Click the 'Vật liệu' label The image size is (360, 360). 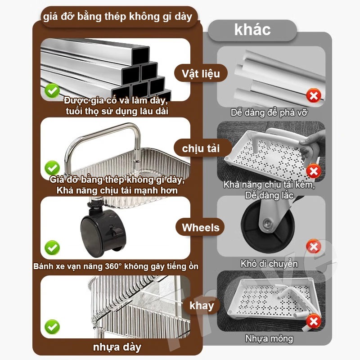(201, 73)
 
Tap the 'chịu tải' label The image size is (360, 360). (201, 148)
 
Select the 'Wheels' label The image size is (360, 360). (200, 228)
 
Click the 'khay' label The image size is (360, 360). (202, 306)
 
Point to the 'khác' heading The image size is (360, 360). (252, 30)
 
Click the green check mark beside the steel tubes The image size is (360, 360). (52, 91)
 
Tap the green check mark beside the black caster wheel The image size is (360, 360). (52, 247)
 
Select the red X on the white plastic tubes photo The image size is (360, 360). (314, 95)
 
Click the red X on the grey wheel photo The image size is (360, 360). (314, 247)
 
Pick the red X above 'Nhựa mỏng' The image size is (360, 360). (314, 321)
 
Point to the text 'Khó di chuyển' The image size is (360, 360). (269, 264)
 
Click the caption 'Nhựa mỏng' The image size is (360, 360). (269, 338)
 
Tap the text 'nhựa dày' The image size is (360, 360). (117, 347)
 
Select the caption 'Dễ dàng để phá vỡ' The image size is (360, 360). (269, 112)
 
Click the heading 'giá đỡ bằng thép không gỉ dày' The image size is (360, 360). (117, 17)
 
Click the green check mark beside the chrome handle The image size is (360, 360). (52, 168)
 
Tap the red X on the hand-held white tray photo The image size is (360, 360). (314, 171)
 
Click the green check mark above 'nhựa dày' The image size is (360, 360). (52, 327)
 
